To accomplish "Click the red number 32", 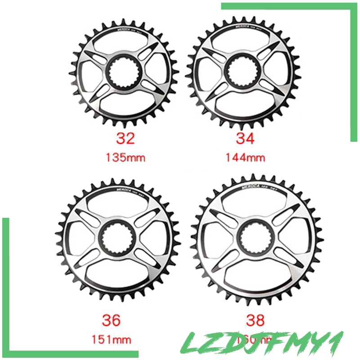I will tap(125, 139).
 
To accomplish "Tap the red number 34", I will tap(245, 138).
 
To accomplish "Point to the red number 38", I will tap(256, 320).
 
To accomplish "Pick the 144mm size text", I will tap(245, 157).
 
